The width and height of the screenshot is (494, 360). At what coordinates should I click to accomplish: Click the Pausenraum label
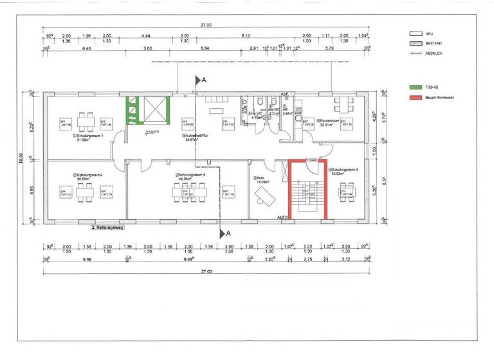pos(333,121)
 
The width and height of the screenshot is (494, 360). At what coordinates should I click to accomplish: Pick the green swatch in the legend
pos(415,85)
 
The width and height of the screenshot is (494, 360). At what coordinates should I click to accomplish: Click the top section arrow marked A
pos(199,80)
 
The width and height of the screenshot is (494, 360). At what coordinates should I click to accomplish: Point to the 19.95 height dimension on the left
pos(21,157)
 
